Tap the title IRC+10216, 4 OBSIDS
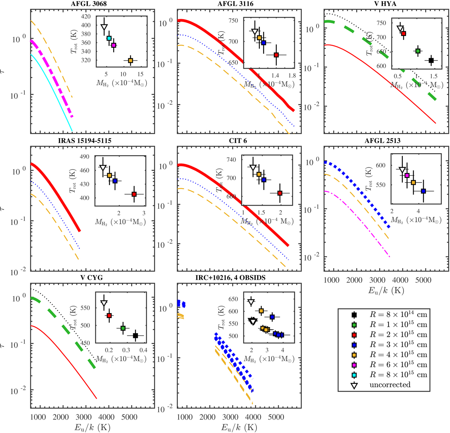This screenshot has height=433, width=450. (239, 278)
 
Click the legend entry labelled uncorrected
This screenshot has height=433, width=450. (390, 385)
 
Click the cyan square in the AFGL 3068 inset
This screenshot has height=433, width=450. (109, 38)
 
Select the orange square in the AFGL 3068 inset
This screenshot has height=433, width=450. (130, 60)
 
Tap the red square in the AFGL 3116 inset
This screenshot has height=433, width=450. (276, 55)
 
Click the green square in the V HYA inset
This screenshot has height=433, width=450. (418, 51)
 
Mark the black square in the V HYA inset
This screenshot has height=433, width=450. (431, 60)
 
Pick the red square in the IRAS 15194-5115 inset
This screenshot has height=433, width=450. (134, 194)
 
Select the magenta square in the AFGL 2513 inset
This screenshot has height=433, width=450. (407, 175)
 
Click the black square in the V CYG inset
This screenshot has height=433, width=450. (135, 336)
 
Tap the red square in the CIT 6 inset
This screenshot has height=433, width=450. (280, 193)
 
